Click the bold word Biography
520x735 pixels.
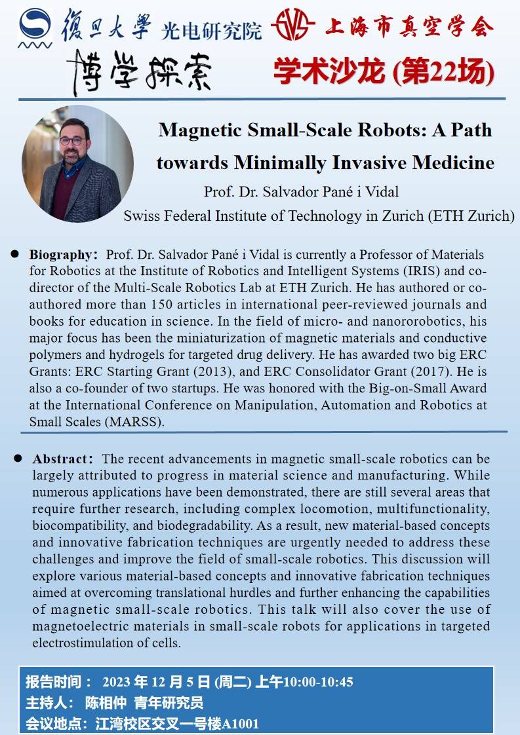(x=60, y=254)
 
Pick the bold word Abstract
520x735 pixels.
(x=60, y=459)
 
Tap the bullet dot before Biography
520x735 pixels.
(x=14, y=254)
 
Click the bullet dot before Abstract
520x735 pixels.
(x=18, y=459)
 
